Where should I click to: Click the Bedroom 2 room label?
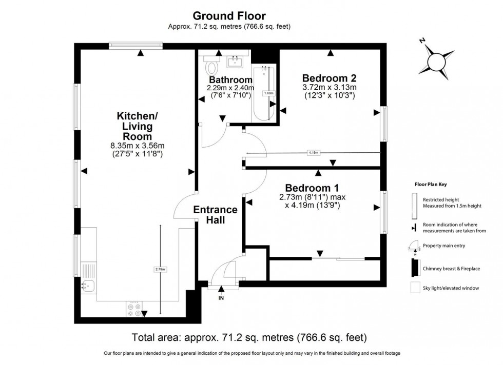click(x=329, y=78)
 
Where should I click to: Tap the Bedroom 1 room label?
click(x=312, y=187)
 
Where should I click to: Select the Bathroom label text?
click(x=230, y=80)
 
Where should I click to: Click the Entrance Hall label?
click(x=215, y=214)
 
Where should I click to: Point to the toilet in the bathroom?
click(x=212, y=66)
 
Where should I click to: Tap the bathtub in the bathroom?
click(x=264, y=93)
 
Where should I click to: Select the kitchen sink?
click(x=87, y=286)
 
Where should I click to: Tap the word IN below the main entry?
click(x=222, y=297)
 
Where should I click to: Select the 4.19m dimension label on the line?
click(x=314, y=153)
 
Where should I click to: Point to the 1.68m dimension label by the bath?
click(x=268, y=93)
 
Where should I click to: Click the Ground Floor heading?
click(x=229, y=16)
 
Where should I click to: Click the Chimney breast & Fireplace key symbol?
click(x=414, y=267)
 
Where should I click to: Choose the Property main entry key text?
click(x=444, y=246)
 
